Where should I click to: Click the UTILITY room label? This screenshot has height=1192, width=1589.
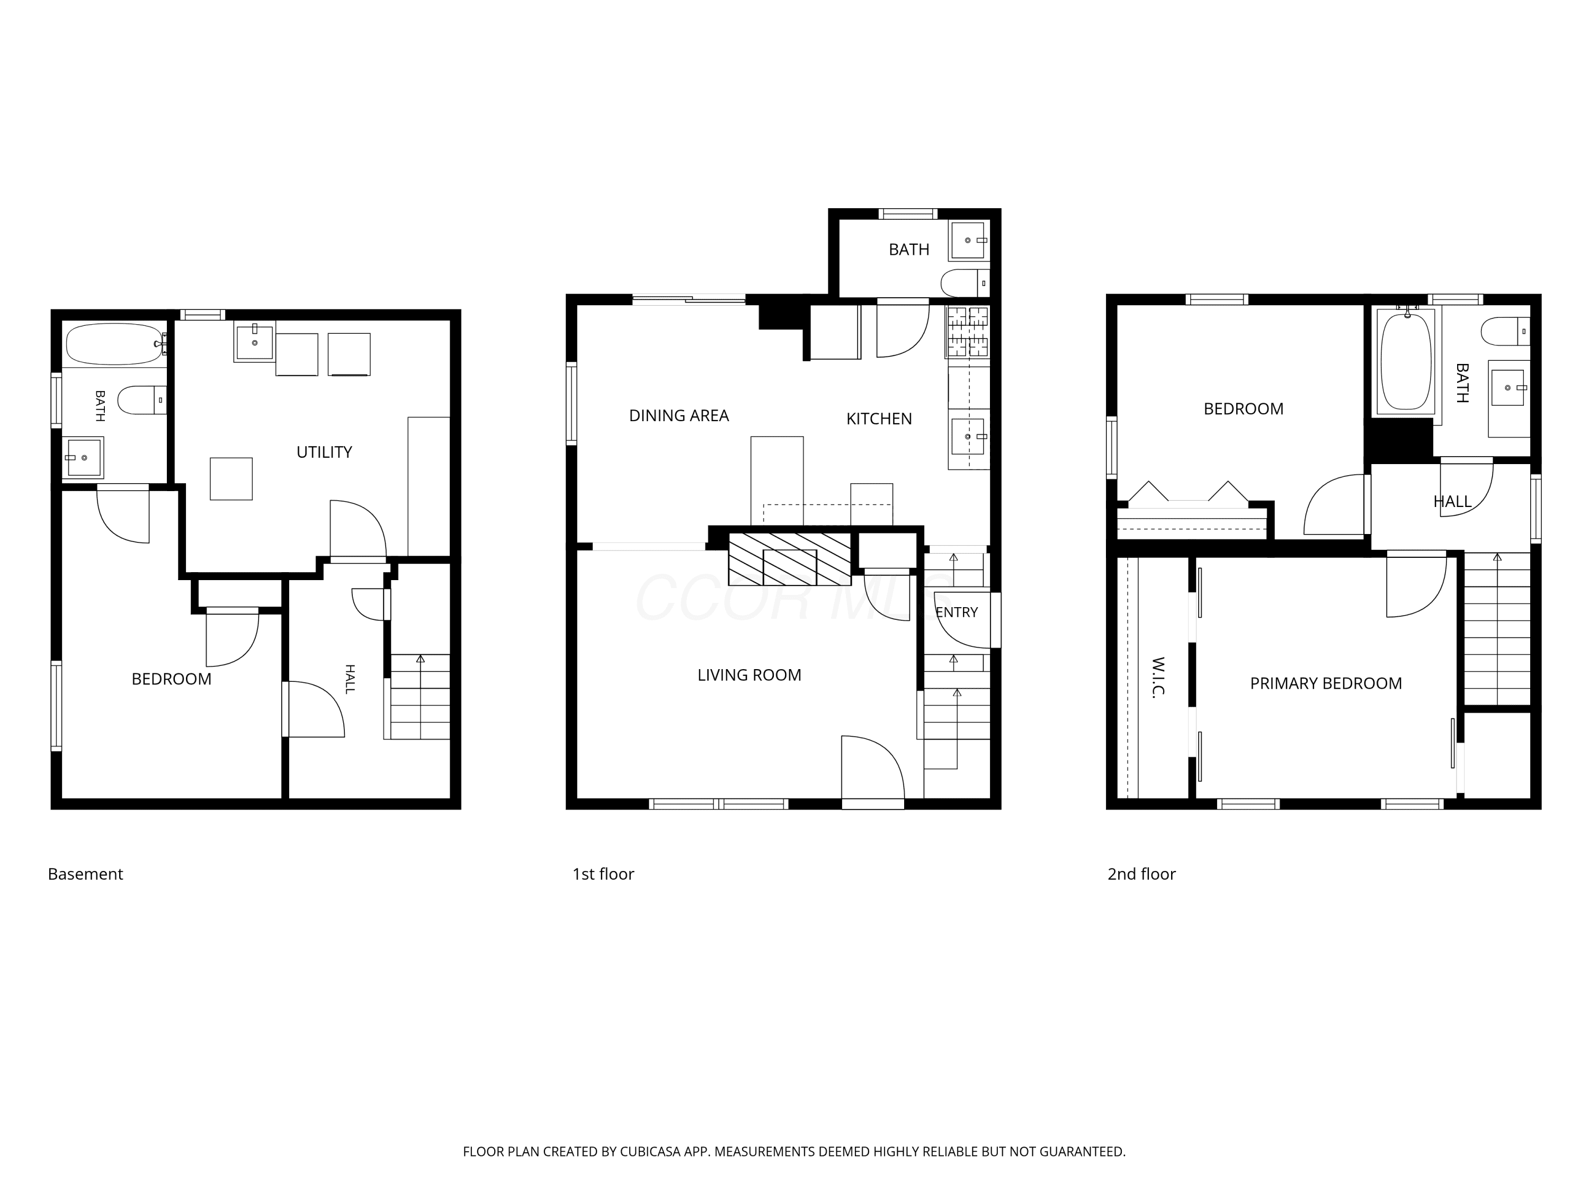pos(324,452)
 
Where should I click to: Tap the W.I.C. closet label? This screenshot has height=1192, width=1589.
pos(1158,677)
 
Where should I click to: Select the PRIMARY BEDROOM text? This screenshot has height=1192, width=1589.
pos(1326,683)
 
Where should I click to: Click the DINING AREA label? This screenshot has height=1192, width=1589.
pos(679,415)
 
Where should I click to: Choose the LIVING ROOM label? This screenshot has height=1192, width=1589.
pos(749,675)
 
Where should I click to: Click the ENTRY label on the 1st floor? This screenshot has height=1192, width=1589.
pos(957,612)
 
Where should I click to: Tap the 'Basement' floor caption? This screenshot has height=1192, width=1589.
pos(85,874)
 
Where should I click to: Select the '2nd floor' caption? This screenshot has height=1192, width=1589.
pos(1141,874)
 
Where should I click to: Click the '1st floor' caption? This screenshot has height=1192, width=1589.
pos(603,874)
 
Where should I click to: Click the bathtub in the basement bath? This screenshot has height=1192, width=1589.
pos(115,344)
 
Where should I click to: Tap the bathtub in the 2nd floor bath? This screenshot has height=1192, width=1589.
pos(1406,361)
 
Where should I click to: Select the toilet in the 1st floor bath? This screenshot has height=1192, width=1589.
pos(965,283)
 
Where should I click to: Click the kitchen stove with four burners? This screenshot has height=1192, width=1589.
pos(968,332)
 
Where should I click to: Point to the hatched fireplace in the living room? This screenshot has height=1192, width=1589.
pos(790,558)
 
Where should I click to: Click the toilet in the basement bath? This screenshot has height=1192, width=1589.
pos(142,400)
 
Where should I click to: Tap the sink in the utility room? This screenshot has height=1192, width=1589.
pos(255,341)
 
